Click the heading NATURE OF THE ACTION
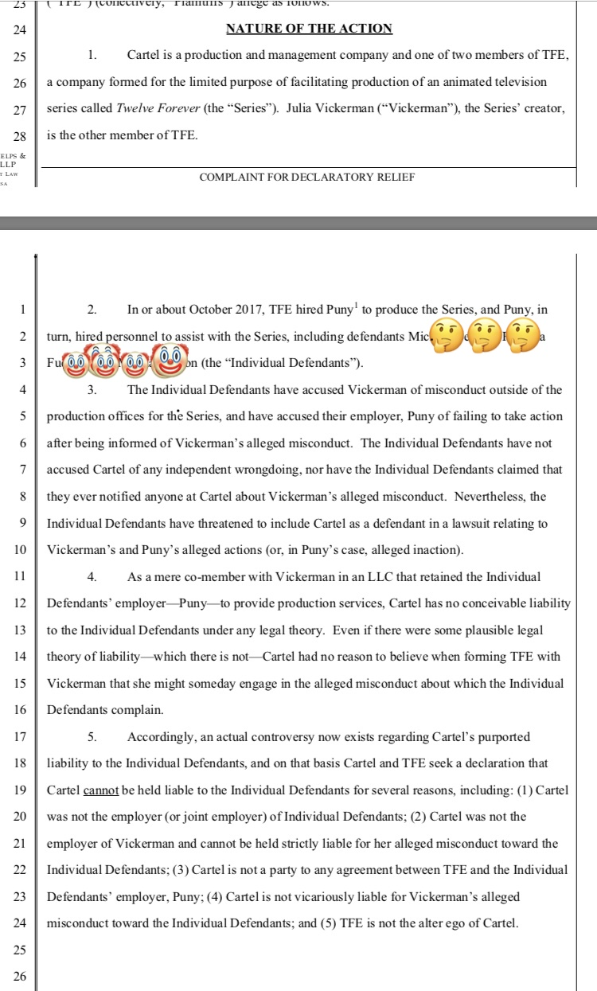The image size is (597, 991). tap(309, 29)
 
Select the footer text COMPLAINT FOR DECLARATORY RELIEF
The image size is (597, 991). tap(307, 177)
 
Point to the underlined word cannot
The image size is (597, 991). tap(101, 790)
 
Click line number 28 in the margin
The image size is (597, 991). tap(21, 136)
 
